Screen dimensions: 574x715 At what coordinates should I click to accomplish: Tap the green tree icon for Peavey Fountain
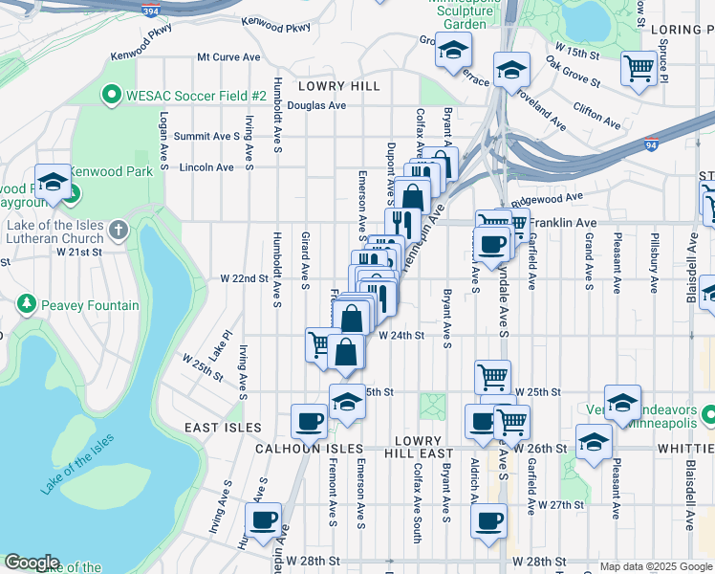point(26,305)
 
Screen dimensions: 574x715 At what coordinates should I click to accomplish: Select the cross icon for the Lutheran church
point(118,230)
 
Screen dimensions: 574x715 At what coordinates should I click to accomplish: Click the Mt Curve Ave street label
point(228,57)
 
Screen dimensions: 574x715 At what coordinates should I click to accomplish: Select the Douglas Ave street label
point(316,105)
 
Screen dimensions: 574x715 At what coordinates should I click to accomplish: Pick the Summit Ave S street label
point(206,137)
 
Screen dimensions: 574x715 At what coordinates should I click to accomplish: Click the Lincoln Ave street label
point(206,167)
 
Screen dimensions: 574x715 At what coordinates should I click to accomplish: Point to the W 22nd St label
point(244,278)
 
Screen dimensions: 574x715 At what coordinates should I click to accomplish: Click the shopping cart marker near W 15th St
point(638,69)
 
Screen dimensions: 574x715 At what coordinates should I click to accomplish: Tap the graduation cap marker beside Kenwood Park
point(53,183)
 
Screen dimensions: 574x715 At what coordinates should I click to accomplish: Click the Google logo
point(32,563)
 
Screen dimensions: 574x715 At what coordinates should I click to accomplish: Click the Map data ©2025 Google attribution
point(654,566)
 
